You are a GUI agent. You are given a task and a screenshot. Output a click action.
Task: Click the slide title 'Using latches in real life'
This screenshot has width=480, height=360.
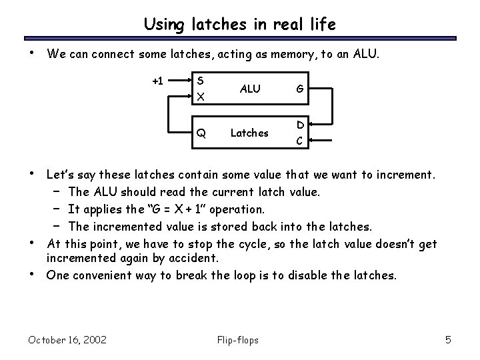tap(240, 25)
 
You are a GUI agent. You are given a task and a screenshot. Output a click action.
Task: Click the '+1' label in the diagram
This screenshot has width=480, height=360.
tap(157, 81)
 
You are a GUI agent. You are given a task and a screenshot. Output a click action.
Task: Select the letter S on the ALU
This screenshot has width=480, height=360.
tap(201, 81)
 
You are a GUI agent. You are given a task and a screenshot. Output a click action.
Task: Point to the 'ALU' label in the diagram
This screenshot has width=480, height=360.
tap(249, 88)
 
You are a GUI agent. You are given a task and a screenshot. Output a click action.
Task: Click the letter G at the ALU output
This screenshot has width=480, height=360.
tap(301, 88)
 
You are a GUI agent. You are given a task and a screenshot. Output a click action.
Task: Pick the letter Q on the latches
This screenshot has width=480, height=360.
tap(201, 133)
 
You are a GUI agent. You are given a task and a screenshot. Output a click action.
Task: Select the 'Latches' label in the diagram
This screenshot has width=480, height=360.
tap(249, 133)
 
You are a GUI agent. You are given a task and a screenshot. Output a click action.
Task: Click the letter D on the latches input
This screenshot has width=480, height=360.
tap(301, 125)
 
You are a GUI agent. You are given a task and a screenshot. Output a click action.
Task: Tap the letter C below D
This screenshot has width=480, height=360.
tap(301, 140)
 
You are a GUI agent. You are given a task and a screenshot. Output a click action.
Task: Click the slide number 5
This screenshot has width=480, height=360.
tap(448, 341)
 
